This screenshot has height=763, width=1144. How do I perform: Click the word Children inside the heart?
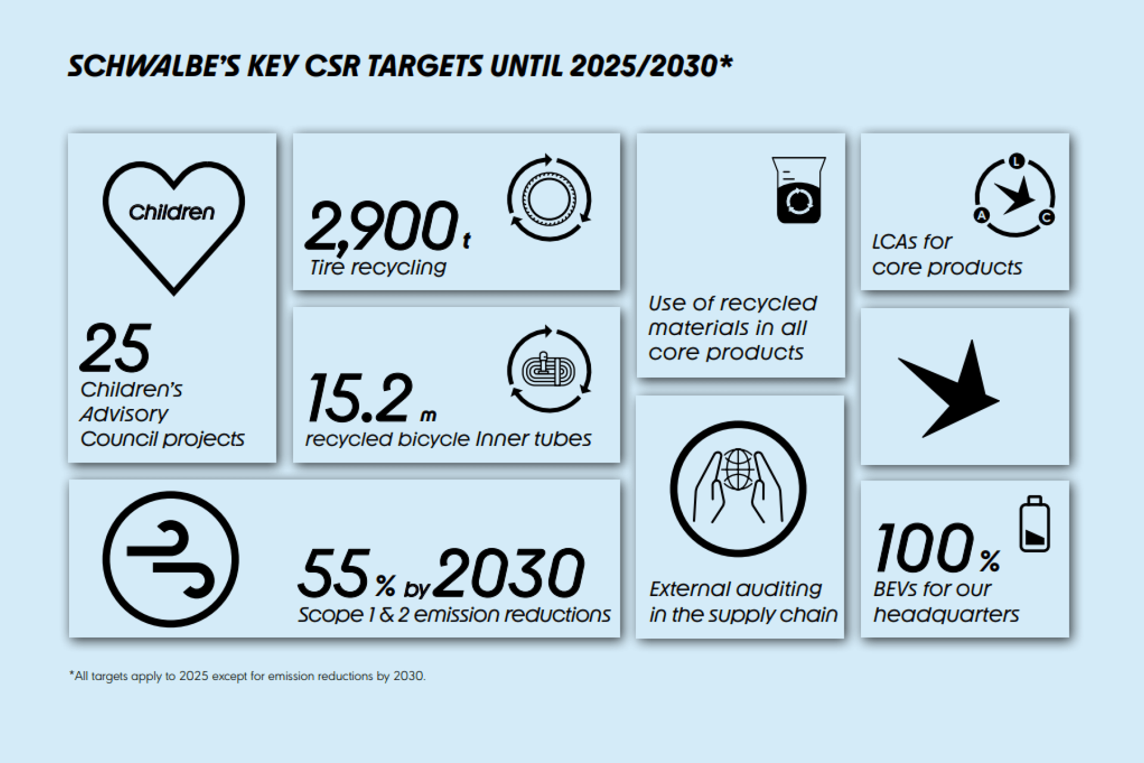(x=172, y=212)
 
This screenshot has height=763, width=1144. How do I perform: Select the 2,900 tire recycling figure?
(x=381, y=227)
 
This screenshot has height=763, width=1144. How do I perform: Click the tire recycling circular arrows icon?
(x=549, y=198)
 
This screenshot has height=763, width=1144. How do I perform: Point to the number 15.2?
(x=359, y=398)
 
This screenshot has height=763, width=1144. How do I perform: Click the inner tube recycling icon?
(x=549, y=370)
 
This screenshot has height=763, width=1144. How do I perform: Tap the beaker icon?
(x=798, y=190)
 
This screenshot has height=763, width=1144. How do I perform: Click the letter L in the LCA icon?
(x=1016, y=161)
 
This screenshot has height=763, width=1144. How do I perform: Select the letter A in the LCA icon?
(x=981, y=216)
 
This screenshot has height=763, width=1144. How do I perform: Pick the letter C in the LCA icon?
(x=1047, y=218)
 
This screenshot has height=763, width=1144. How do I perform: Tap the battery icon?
(x=1034, y=524)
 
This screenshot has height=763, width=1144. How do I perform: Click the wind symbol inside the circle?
(x=170, y=559)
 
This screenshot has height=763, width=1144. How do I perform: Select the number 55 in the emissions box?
(x=334, y=573)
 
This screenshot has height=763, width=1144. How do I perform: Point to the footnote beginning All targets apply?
(x=247, y=676)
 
